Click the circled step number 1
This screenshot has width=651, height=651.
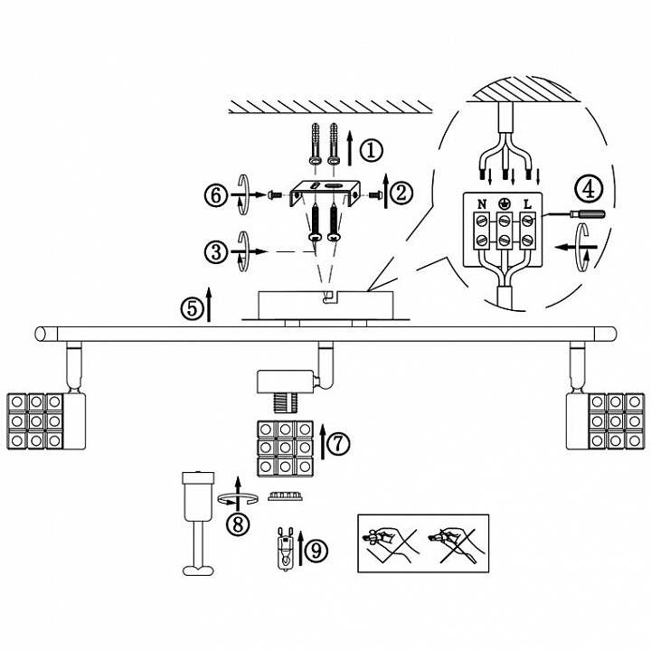[x=371, y=150]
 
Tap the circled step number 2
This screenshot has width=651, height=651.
[x=401, y=193]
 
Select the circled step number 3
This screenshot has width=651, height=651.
[x=216, y=251]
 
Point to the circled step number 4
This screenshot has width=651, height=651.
[x=589, y=189]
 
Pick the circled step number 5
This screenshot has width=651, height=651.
[x=193, y=309]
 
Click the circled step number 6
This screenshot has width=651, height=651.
[x=216, y=195]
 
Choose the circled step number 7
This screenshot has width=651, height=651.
[x=338, y=443]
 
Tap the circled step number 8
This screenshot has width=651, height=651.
[x=238, y=524]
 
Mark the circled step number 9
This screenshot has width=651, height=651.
[x=316, y=551]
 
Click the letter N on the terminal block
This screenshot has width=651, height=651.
[x=482, y=204]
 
